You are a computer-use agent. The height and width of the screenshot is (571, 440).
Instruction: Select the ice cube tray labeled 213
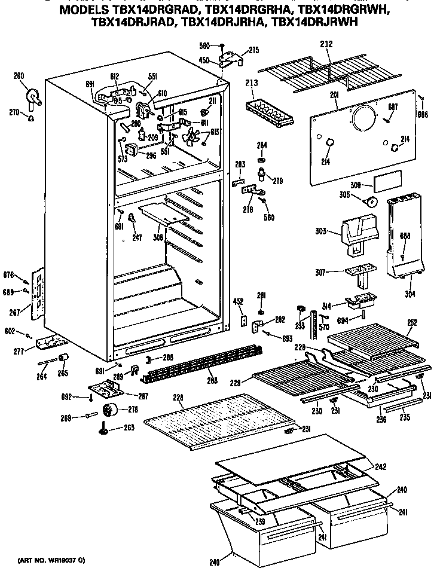(x=270, y=111)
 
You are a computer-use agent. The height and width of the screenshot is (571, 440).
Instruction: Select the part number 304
(x=410, y=294)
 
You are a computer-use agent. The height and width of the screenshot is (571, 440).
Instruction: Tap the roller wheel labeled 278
(x=110, y=410)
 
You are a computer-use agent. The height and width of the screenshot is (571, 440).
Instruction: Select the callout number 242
(x=380, y=466)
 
